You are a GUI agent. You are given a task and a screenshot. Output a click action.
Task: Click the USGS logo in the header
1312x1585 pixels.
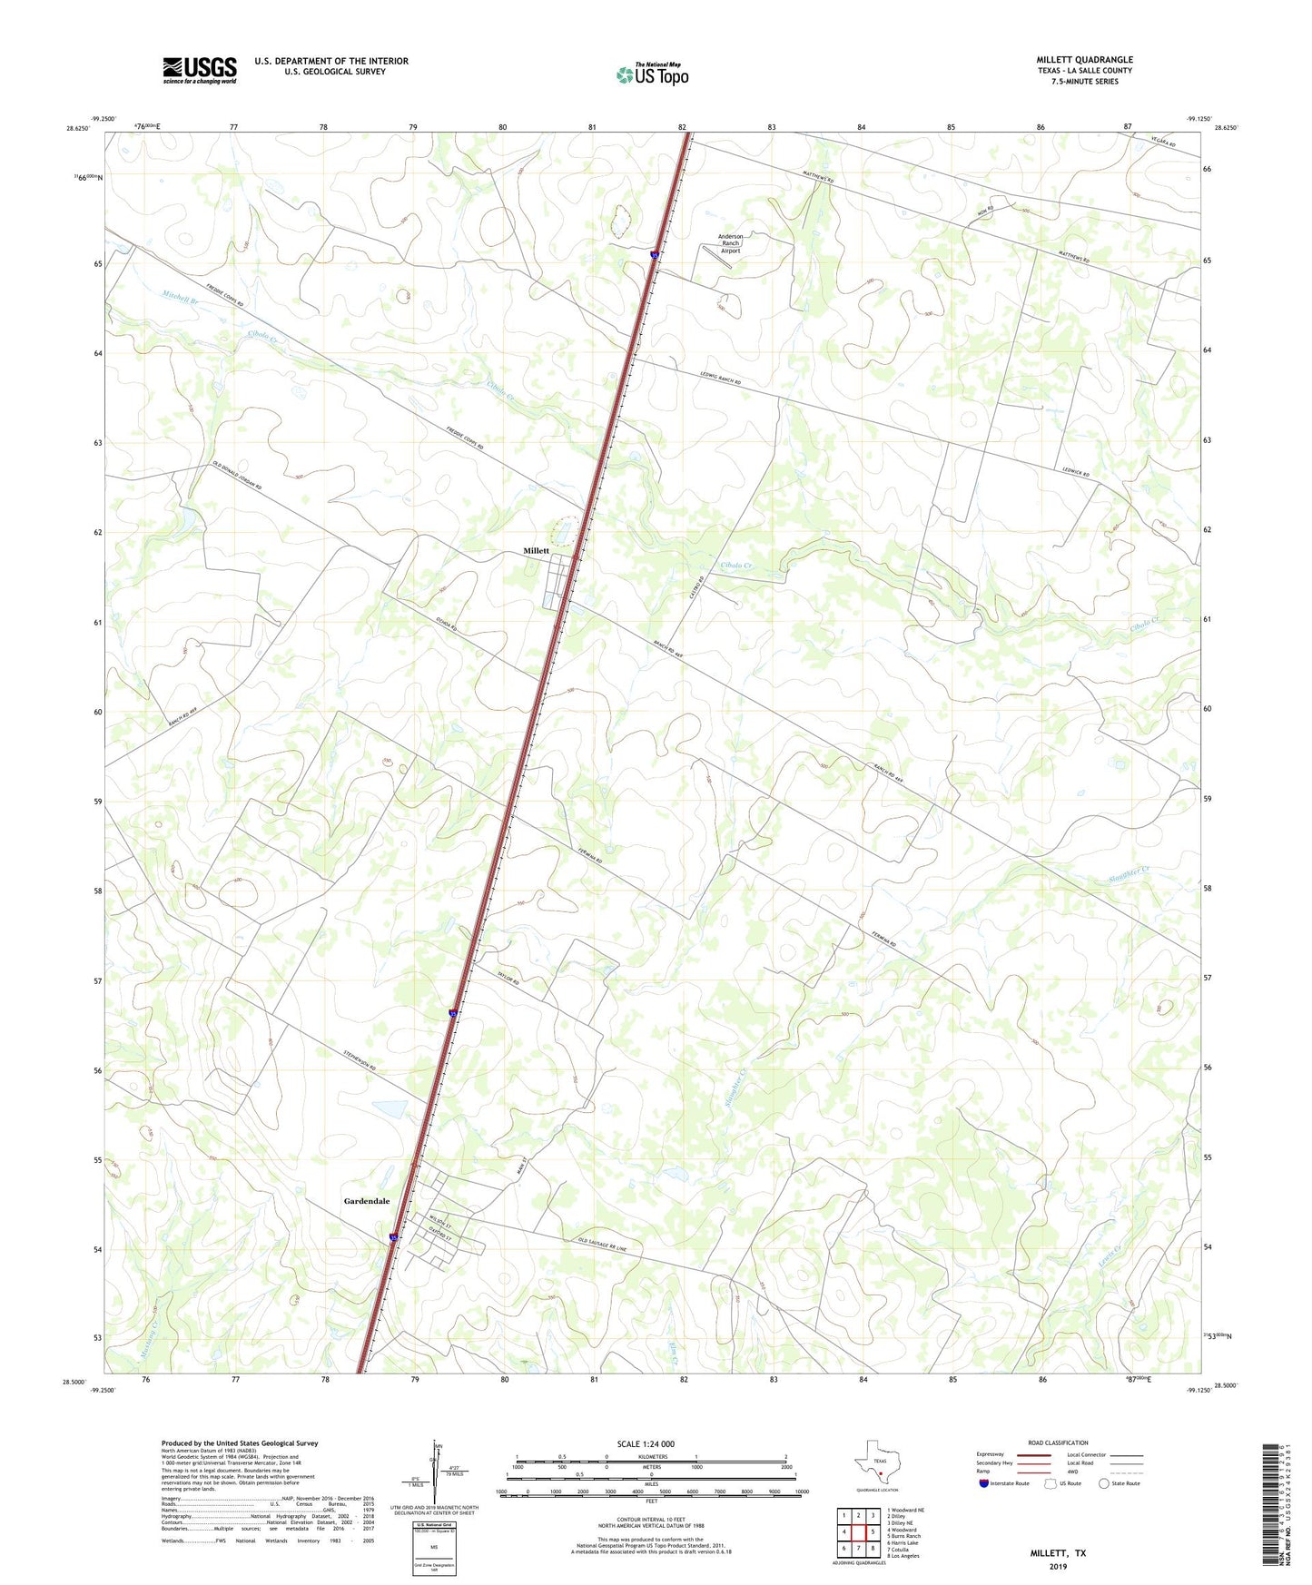pyautogui.click(x=200, y=70)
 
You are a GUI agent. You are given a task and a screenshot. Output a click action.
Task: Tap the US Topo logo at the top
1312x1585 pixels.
pyautogui.click(x=652, y=74)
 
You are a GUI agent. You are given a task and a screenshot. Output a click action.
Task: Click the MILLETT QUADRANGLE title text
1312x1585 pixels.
pyautogui.click(x=1084, y=60)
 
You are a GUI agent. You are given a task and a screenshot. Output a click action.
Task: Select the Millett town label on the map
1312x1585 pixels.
pyautogui.click(x=536, y=551)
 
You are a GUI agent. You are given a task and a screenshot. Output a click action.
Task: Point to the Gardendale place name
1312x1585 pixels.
pyautogui.click(x=367, y=1201)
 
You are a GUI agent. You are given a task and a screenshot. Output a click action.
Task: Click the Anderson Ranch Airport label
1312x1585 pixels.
pyautogui.click(x=730, y=243)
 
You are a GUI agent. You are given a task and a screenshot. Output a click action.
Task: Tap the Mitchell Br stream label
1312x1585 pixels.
pyautogui.click(x=180, y=296)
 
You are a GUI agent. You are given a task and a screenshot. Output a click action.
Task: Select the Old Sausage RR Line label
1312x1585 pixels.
pyautogui.click(x=602, y=1245)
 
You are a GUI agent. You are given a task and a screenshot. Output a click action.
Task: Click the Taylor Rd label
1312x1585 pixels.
pyautogui.click(x=508, y=974)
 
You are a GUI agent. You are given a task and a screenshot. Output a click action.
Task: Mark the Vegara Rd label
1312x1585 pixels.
pyautogui.click(x=1163, y=143)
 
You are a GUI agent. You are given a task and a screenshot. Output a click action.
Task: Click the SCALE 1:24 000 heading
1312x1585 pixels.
pyautogui.click(x=646, y=1444)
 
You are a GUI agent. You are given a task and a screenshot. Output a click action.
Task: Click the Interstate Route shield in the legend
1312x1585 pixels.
pyautogui.click(x=984, y=1483)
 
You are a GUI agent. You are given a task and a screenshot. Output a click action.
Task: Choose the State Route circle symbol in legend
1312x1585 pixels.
pyautogui.click(x=1103, y=1483)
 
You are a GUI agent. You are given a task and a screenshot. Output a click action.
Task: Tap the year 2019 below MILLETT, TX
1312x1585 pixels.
pyautogui.click(x=1058, y=1566)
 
